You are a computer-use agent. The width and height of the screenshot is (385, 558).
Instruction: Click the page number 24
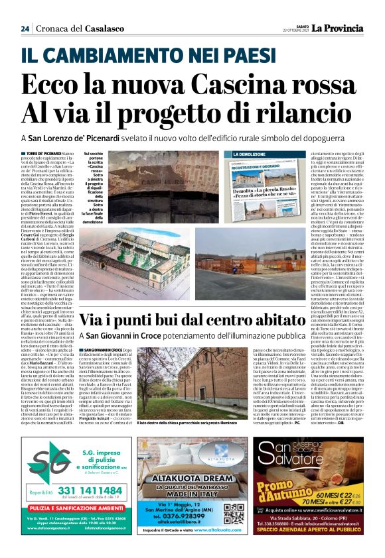(25, 28)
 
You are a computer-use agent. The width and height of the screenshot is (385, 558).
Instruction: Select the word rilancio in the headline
(289, 113)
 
